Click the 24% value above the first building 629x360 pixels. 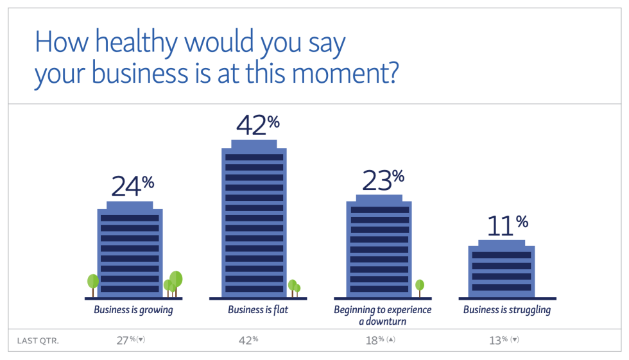click(132, 185)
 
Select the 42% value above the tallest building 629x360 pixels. click(257, 125)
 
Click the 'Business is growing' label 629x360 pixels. click(134, 310)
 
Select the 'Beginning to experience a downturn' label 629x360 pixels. click(383, 315)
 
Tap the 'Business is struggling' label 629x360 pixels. click(507, 310)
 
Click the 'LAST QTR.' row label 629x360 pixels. click(39, 341)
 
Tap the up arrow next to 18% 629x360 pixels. click(390, 339)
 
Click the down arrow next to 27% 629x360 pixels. click(141, 339)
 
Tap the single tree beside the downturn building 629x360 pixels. click(420, 286)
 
